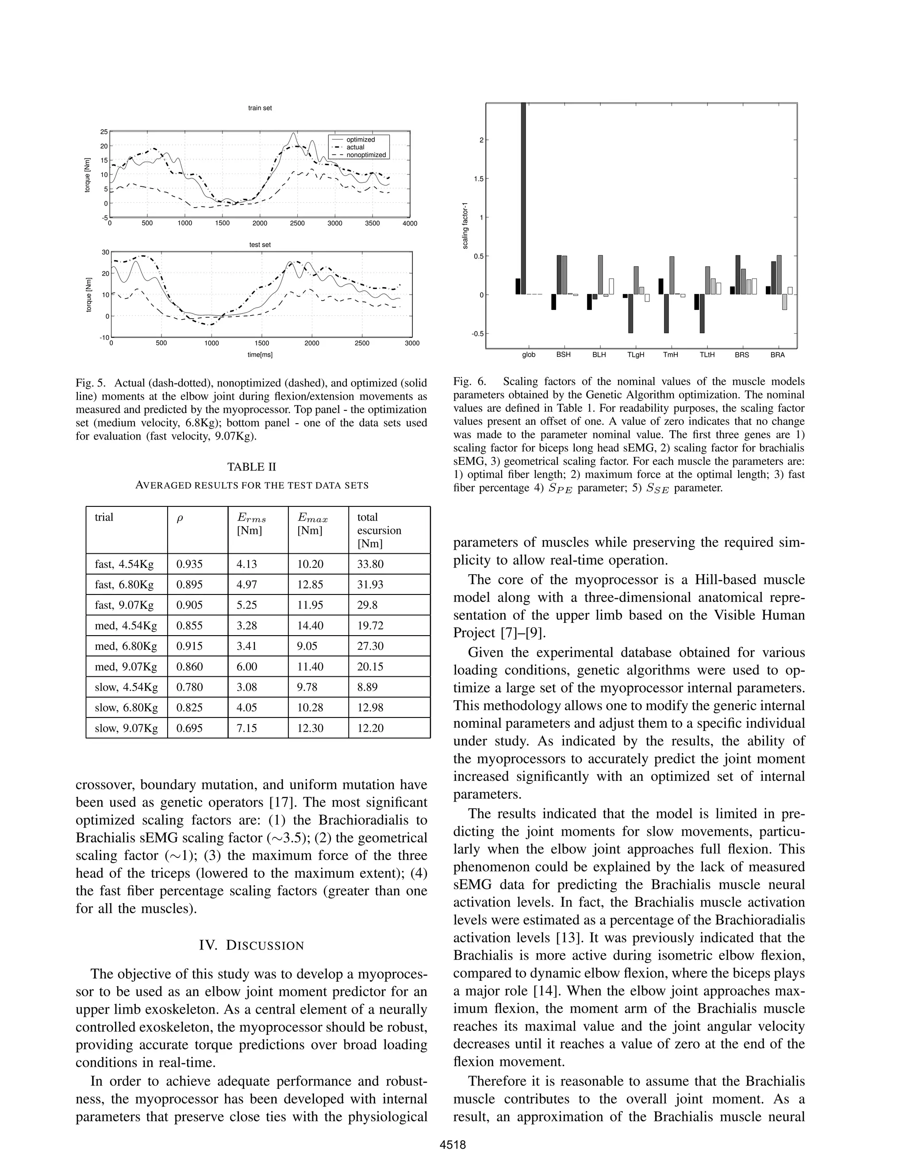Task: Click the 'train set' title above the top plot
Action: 260,108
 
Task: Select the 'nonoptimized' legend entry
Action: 366,154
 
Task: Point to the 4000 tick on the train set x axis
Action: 410,224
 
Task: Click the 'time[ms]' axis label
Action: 260,355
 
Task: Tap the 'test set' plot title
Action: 260,244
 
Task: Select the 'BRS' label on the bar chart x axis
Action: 742,355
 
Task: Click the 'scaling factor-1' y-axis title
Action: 465,226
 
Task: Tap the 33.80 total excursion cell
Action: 370,564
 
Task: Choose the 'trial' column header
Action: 104,517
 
